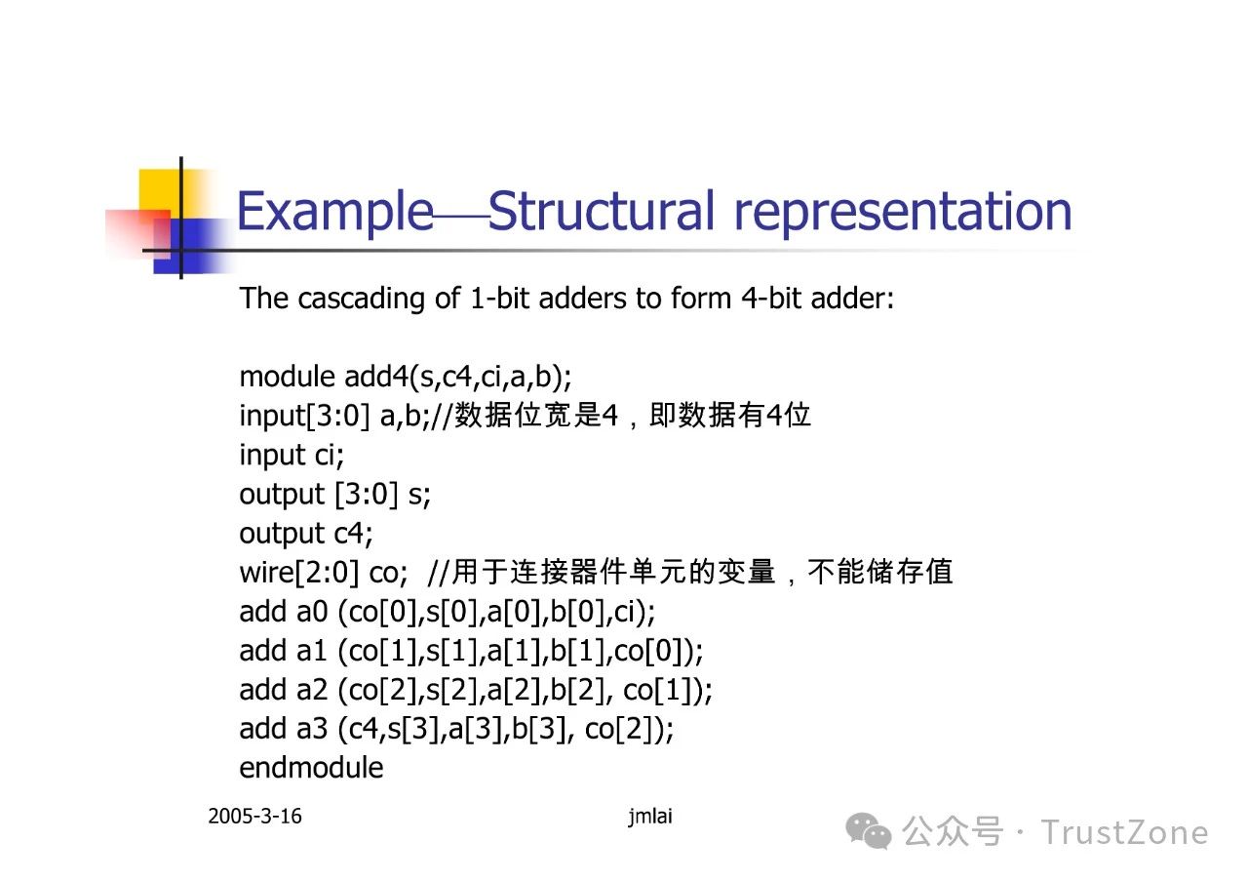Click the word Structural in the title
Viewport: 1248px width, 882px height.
coord(601,211)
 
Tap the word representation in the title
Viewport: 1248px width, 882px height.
coord(903,215)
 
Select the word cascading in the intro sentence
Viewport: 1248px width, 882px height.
coord(361,299)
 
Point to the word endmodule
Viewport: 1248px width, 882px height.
coord(311,768)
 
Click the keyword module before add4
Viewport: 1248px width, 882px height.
coord(287,377)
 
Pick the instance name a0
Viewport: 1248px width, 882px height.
coord(312,612)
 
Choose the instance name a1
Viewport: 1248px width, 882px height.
coord(311,651)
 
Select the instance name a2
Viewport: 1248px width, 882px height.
coord(312,690)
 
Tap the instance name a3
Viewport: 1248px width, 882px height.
coord(312,729)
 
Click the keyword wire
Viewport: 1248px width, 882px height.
coord(266,573)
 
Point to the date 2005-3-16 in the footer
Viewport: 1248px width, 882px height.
coord(254,817)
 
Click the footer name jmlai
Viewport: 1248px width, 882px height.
coord(650,817)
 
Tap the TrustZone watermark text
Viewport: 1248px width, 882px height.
coord(1124,833)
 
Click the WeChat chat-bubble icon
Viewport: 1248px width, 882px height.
coord(868,830)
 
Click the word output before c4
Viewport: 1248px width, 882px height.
coord(282,535)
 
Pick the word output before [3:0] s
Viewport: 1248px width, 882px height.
coord(282,496)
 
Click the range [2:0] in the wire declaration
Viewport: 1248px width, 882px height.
coord(327,573)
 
